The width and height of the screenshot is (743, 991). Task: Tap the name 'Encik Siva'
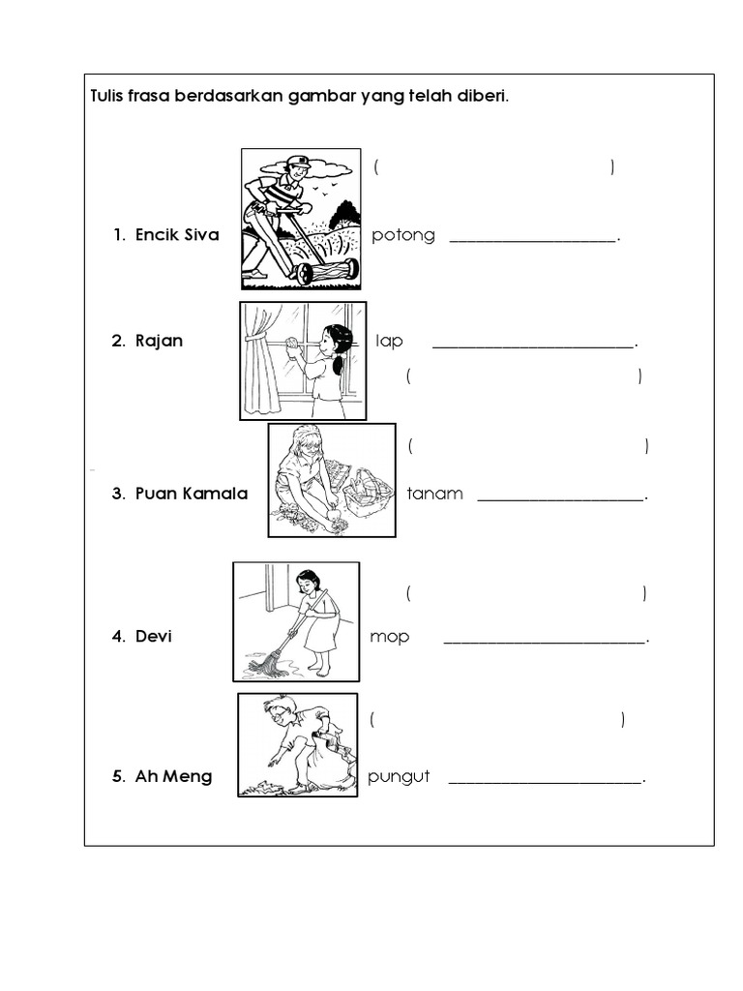pos(177,235)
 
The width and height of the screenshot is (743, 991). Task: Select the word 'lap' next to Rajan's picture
pos(389,342)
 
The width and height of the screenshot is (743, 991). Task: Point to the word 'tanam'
pos(434,494)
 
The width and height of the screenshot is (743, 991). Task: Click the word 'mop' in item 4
pos(389,637)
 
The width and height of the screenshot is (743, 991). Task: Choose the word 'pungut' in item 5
pos(399,777)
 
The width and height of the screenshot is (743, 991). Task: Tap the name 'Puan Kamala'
pos(192,494)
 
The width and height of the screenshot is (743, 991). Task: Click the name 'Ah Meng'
pos(174,777)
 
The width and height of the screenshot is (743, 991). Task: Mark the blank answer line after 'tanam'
pos(562,500)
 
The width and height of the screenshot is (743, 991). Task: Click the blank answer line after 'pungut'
pos(546,782)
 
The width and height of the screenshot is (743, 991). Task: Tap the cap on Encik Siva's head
pos(297,163)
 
